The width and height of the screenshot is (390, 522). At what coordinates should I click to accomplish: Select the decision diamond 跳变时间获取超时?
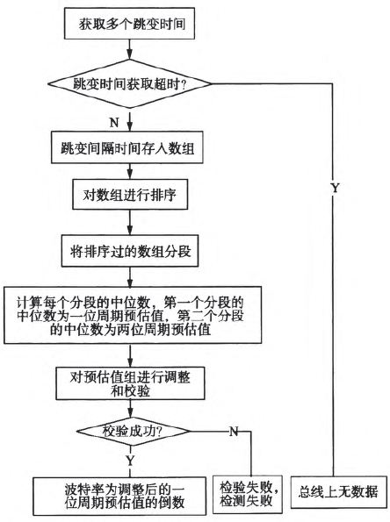pyautogui.click(x=130, y=85)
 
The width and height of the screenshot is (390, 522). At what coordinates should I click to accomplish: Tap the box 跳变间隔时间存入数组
pyautogui.click(x=129, y=147)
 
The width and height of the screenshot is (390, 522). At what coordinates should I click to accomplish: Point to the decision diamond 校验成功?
pyautogui.click(x=130, y=431)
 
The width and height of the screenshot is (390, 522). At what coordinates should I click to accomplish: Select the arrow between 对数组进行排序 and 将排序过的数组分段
pyautogui.click(x=130, y=224)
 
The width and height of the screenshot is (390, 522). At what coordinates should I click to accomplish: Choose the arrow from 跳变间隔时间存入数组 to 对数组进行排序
pyautogui.click(x=130, y=172)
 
